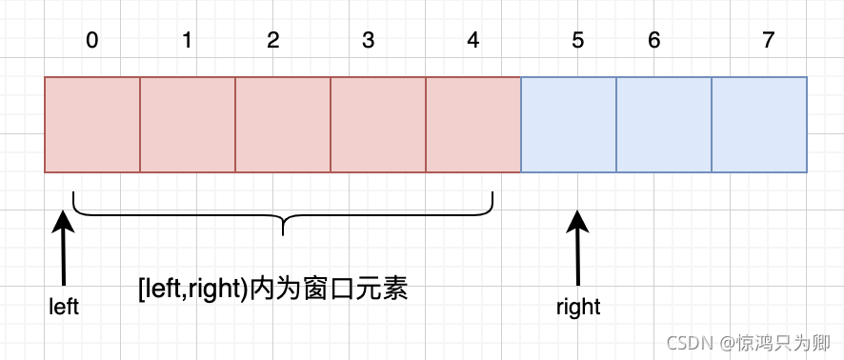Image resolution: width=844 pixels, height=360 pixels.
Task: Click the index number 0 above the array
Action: click(x=91, y=41)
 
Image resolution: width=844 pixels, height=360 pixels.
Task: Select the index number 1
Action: click(x=187, y=41)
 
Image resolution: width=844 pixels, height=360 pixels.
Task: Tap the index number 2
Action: click(x=273, y=41)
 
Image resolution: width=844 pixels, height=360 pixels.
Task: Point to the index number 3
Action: click(x=369, y=41)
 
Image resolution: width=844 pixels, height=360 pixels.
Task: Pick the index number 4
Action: click(x=473, y=41)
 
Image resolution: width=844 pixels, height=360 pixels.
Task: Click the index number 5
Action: click(x=576, y=41)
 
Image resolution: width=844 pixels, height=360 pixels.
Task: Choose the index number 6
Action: click(x=653, y=41)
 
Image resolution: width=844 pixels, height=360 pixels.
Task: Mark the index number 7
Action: click(x=769, y=41)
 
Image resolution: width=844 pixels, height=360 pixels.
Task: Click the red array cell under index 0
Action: click(x=92, y=125)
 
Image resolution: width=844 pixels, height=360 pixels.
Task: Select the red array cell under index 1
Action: click(x=188, y=125)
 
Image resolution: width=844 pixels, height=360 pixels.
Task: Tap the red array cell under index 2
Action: click(x=283, y=125)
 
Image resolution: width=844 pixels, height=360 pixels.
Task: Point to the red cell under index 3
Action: click(x=378, y=125)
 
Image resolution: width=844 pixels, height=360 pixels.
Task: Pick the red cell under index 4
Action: click(x=473, y=125)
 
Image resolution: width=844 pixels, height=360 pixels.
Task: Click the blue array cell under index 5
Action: click(x=569, y=125)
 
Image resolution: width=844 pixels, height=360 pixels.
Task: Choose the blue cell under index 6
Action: click(x=664, y=125)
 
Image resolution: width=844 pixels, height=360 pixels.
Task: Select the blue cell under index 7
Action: click(x=759, y=125)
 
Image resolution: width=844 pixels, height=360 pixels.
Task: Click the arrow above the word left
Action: click(x=64, y=248)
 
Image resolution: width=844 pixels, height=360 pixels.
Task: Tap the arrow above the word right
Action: click(x=577, y=248)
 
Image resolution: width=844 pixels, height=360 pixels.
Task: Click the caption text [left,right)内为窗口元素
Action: click(x=273, y=289)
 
